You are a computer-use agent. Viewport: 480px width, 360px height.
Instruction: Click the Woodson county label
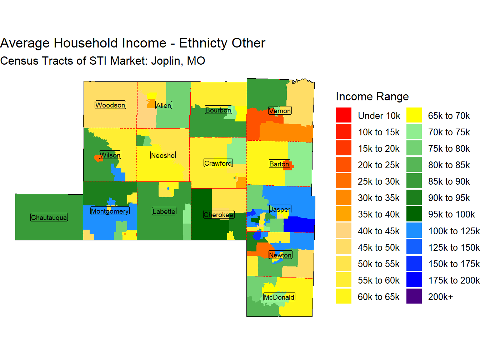tap(110, 105)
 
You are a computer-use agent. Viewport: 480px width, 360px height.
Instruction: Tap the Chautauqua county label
tap(49, 217)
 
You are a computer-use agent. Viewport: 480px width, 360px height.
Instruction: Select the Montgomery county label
tap(110, 211)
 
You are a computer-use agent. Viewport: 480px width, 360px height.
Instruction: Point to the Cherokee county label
tap(219, 215)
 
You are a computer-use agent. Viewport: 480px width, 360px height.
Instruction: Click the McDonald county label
tap(279, 297)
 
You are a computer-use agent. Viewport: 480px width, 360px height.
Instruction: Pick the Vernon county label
tap(280, 111)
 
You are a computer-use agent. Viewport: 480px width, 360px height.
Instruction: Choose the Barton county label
tap(279, 164)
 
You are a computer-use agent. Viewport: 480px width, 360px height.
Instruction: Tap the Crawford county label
tap(218, 163)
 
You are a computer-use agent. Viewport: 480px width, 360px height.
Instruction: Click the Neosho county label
tap(163, 155)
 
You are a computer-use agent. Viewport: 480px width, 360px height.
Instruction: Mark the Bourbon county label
tap(218, 110)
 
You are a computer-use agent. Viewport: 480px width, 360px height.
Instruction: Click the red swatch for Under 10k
tap(344, 115)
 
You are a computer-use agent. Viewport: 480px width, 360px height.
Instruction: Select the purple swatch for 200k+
tap(414, 296)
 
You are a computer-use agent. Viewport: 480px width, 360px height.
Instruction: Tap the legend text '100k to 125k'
tap(454, 231)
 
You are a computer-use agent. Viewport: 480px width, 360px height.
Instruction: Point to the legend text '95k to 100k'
tap(451, 214)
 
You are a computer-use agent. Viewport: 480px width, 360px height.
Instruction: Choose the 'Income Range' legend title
tap(372, 96)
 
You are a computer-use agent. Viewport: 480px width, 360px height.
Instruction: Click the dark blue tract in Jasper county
tap(299, 225)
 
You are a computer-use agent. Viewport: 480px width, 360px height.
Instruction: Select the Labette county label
tap(164, 211)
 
